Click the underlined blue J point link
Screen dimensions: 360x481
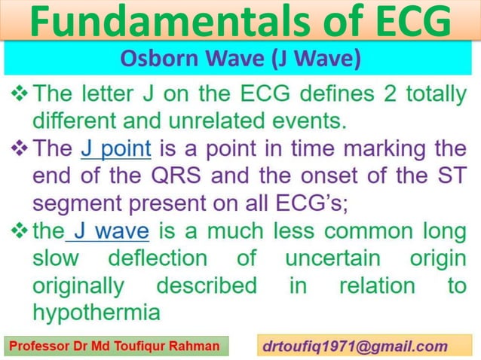coord(116,148)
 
